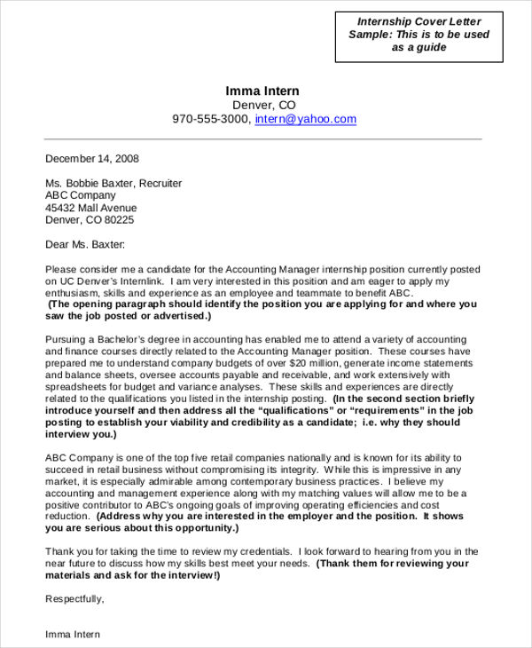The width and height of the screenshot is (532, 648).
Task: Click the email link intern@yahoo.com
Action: click(x=305, y=119)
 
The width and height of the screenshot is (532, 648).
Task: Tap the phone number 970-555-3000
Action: click(x=211, y=119)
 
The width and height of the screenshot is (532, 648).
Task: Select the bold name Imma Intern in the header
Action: click(x=262, y=91)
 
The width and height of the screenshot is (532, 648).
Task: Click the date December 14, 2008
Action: click(x=92, y=159)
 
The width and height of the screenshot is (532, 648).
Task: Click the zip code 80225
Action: click(x=120, y=219)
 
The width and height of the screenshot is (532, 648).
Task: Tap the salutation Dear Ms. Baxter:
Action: click(x=85, y=244)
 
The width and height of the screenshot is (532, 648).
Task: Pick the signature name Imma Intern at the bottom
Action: click(x=73, y=635)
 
